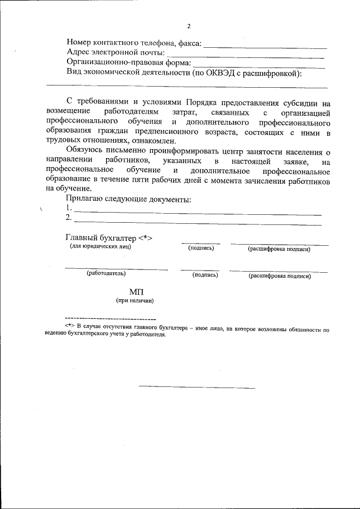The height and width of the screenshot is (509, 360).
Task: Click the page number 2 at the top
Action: (x=189, y=26)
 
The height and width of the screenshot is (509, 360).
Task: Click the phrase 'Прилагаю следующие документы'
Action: (x=128, y=199)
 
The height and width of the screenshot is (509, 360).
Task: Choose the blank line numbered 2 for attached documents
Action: (x=197, y=224)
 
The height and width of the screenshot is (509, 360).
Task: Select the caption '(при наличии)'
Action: (x=135, y=301)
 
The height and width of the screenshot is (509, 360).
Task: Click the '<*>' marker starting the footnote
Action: (x=70, y=326)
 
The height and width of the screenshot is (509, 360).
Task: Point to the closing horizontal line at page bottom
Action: (x=196, y=387)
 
